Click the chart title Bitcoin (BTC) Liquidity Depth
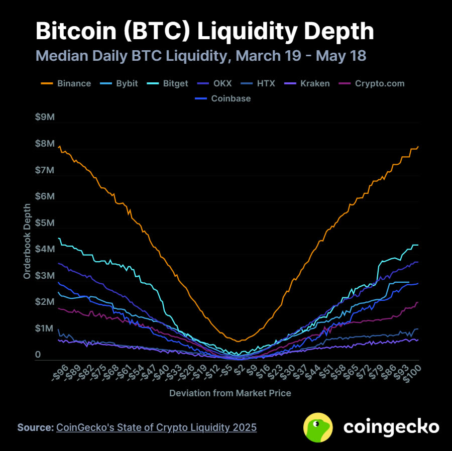pyautogui.click(x=205, y=31)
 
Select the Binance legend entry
pyautogui.click(x=74, y=83)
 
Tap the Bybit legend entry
pyautogui.click(x=126, y=83)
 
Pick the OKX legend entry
pyautogui.click(x=221, y=83)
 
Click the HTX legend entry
pyautogui.click(x=265, y=83)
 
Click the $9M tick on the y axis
pyautogui.click(x=45, y=117)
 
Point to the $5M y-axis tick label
pyautogui.click(x=45, y=223)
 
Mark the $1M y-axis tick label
pyautogui.click(x=45, y=328)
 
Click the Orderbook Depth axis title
pyautogui.click(x=27, y=241)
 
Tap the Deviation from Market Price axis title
pyautogui.click(x=230, y=393)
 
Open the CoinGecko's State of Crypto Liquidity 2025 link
pyautogui.click(x=156, y=427)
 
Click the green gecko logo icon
pyautogui.click(x=318, y=427)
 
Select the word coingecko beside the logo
pyautogui.click(x=391, y=427)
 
